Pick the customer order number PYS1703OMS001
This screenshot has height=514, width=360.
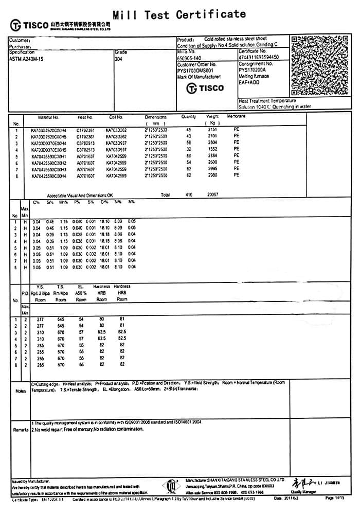(x=196, y=70)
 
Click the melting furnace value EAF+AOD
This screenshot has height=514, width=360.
(x=249, y=82)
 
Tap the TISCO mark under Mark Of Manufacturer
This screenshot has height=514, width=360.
(x=205, y=88)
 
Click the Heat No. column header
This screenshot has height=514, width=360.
(x=85, y=117)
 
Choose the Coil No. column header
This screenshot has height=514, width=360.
(x=116, y=117)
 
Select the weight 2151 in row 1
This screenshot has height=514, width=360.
(x=213, y=130)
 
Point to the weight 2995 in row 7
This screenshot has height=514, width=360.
(x=213, y=169)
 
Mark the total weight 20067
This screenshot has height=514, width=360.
(x=212, y=195)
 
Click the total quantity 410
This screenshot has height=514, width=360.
(x=188, y=195)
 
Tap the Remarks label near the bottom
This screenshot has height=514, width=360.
(x=21, y=429)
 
